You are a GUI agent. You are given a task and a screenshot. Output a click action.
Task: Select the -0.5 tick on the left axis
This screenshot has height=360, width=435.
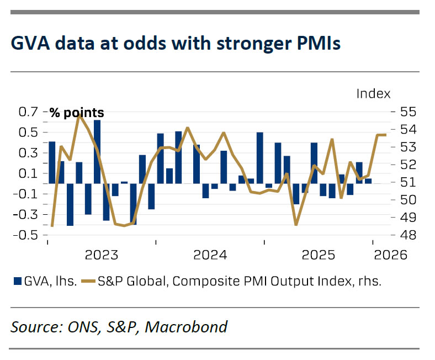click(25, 235)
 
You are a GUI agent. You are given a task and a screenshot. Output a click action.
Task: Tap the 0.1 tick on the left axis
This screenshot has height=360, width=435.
click(28, 173)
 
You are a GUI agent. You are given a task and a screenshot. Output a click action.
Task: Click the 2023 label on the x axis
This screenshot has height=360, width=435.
click(102, 255)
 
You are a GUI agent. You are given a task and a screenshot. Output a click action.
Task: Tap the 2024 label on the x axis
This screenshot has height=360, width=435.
click(210, 255)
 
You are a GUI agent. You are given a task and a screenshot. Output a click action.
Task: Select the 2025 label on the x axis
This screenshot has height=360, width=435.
click(319, 255)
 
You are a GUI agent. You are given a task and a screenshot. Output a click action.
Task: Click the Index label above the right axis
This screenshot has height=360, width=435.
click(373, 94)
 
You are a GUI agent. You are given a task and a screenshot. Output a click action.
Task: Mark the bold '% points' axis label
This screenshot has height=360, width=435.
click(77, 113)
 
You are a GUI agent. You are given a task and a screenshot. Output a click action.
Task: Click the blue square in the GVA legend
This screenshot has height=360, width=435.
click(17, 281)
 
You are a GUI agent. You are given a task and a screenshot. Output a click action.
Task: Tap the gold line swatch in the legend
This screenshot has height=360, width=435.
click(87, 281)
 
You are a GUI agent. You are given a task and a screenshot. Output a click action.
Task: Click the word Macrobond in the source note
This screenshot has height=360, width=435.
click(187, 327)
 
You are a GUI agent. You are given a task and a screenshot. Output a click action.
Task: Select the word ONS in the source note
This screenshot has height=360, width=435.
click(79, 327)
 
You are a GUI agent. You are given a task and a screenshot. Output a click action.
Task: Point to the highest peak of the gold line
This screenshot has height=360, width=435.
click(79, 115)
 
